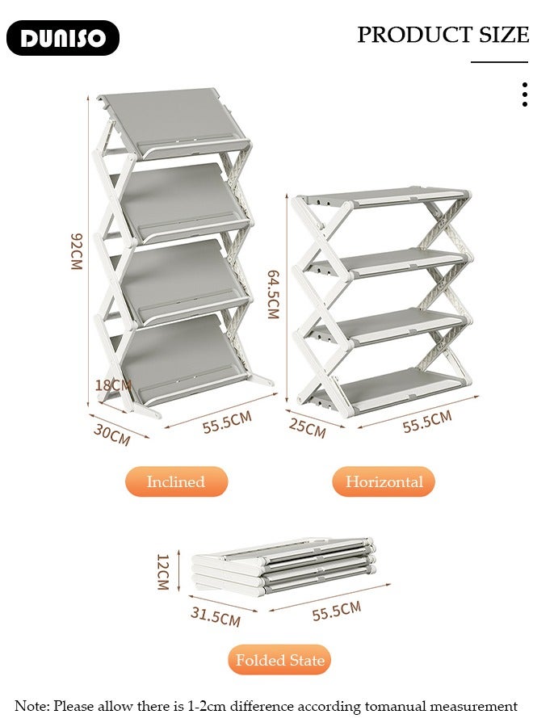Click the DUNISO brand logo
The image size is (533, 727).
click(x=63, y=38)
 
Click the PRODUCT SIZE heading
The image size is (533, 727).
click(x=443, y=35)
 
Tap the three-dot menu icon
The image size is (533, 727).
click(x=524, y=95)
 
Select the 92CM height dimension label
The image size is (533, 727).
click(x=77, y=251)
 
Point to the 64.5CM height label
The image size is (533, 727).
click(x=273, y=294)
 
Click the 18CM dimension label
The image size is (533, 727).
click(x=112, y=385)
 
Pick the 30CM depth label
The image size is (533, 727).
click(x=111, y=435)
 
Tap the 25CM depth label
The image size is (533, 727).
click(x=307, y=429)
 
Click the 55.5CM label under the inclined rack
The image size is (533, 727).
click(x=227, y=422)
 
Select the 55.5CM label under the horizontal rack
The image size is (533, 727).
click(x=427, y=422)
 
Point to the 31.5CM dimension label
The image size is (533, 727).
click(x=215, y=616)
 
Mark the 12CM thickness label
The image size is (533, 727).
click(x=162, y=572)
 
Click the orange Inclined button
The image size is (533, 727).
click(x=176, y=482)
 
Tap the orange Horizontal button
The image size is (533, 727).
click(x=384, y=482)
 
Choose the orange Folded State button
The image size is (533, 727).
click(x=279, y=660)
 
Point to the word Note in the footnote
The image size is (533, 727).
click(x=32, y=706)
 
